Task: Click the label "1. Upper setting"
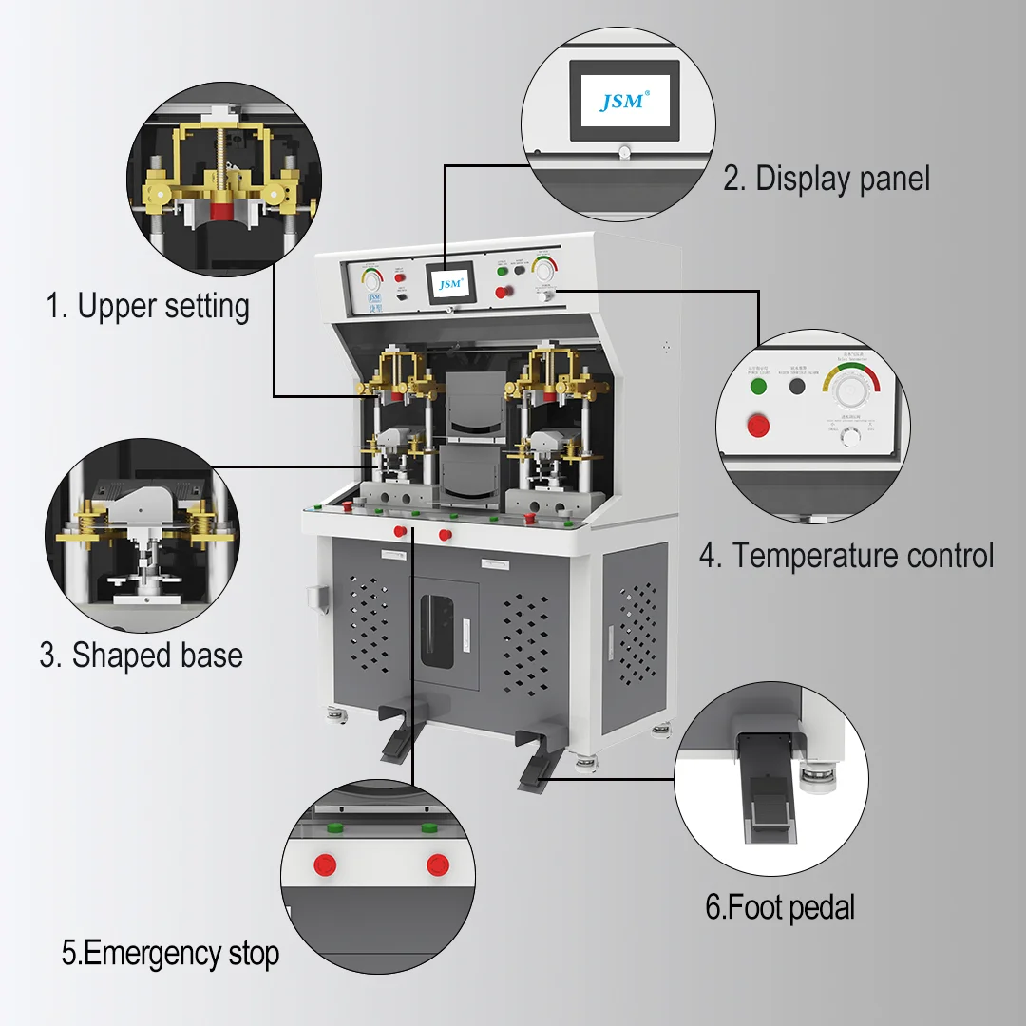tap(148, 306)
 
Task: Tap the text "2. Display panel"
tap(826, 178)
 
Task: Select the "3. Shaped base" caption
tap(141, 655)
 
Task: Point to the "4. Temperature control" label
tap(846, 556)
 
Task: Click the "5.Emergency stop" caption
tap(171, 953)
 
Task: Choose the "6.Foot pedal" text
tap(780, 907)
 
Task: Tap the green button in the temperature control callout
tap(758, 387)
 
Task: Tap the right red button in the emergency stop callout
tap(437, 864)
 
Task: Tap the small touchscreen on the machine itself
tap(448, 284)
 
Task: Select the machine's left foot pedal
tap(397, 731)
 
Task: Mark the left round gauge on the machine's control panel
tap(370, 280)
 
